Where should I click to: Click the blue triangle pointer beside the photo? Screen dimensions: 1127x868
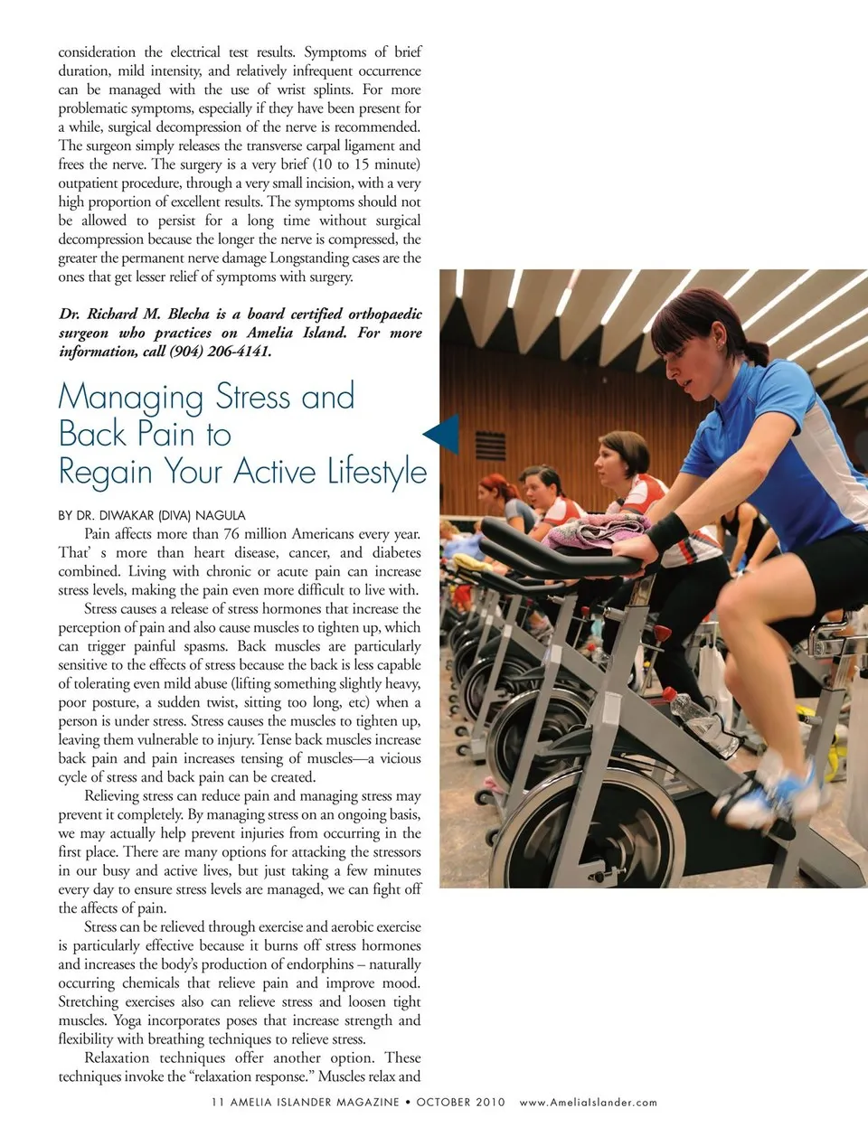point(443,434)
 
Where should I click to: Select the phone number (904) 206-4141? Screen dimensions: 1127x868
point(220,352)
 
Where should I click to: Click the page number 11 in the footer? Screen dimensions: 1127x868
point(217,1103)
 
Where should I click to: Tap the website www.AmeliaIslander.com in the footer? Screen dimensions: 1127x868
point(588,1103)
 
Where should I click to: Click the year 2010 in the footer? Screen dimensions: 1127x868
point(488,1103)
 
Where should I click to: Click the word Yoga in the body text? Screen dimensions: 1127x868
point(127,1020)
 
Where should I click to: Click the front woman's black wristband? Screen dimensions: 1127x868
point(667,531)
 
